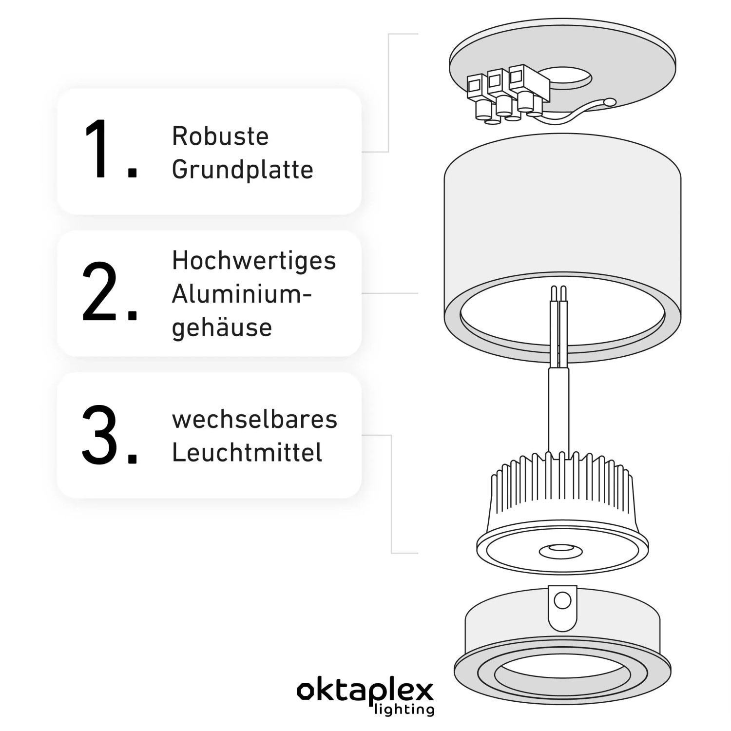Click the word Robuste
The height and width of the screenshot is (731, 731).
(x=220, y=136)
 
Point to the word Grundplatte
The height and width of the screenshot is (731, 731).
(x=242, y=170)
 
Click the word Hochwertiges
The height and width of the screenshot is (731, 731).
(x=254, y=261)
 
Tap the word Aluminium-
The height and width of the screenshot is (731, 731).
(x=241, y=294)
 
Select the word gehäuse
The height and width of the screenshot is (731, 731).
(x=222, y=327)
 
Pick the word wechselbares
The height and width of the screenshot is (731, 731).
(x=254, y=419)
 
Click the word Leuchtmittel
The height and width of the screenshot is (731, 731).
(x=247, y=453)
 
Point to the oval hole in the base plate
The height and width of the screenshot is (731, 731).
(x=568, y=78)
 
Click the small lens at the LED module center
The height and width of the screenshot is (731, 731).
(x=560, y=551)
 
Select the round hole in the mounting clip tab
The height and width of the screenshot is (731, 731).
(x=562, y=601)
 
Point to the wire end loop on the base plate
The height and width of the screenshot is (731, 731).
(x=610, y=102)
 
